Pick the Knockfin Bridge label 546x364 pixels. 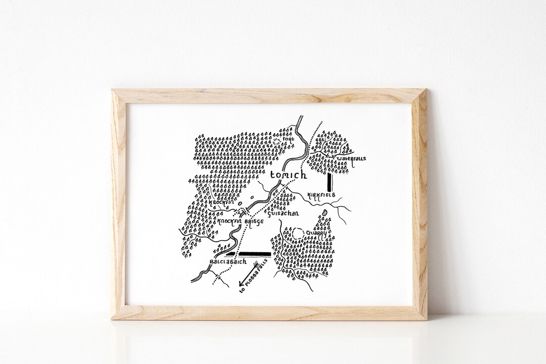point(241,221)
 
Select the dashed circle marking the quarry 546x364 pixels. point(297,234)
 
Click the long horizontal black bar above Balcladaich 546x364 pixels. point(252,254)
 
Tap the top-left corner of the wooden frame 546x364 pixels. point(112,90)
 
